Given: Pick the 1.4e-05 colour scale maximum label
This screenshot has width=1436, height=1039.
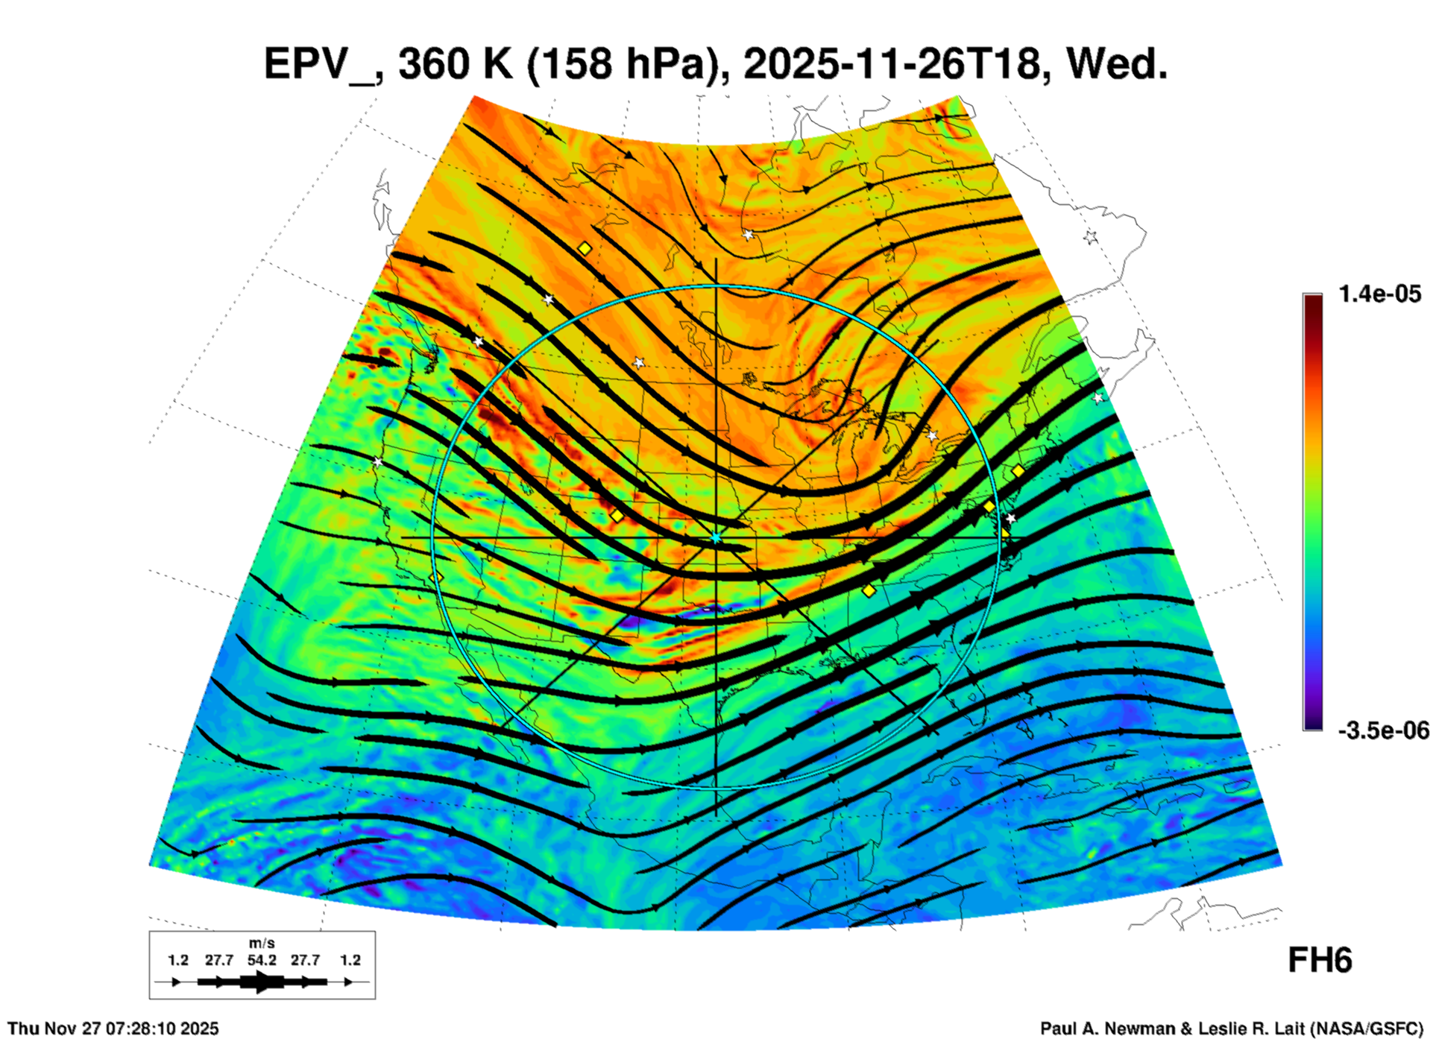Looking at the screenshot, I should click(x=1379, y=294).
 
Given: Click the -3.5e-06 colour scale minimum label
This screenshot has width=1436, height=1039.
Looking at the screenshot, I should click(x=1383, y=730).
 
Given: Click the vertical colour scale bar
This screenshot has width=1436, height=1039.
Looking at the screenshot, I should click(x=1312, y=512).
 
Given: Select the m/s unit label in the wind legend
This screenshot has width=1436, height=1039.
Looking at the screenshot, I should click(x=261, y=944).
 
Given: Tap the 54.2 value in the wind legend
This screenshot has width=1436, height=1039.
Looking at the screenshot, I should click(x=262, y=960).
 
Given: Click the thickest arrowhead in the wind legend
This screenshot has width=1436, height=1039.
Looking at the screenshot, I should click(x=262, y=982).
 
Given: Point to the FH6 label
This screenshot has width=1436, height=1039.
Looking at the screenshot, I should click(x=1320, y=961).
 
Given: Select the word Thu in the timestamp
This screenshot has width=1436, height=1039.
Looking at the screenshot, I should click(x=23, y=1029).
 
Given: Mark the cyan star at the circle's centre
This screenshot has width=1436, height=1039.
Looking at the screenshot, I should click(x=716, y=537).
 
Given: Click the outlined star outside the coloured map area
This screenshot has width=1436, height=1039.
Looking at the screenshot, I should click(x=1091, y=237).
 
